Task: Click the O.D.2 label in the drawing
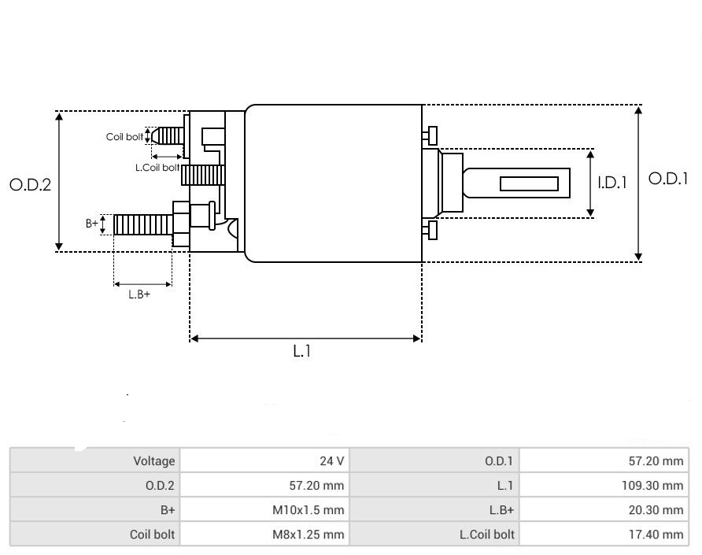(x=30, y=185)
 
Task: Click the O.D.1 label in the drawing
(x=667, y=179)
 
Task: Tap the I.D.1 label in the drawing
(x=612, y=183)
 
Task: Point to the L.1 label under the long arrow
(x=302, y=352)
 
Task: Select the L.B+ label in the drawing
(x=139, y=294)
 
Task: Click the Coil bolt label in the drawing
(x=124, y=137)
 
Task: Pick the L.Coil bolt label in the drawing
(x=157, y=168)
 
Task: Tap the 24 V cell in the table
(x=331, y=461)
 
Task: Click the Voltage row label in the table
(x=153, y=461)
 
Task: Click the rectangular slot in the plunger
(x=529, y=184)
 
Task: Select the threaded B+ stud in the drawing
(x=142, y=224)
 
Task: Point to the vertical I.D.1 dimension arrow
(x=592, y=183)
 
